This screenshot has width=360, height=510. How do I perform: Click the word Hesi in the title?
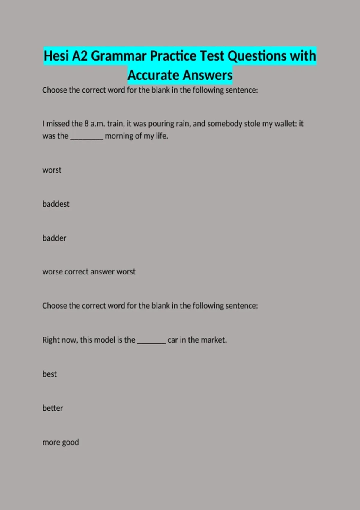[x=56, y=56]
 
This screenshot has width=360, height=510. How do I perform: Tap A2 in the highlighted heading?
[x=80, y=56]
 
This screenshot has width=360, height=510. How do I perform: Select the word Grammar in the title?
[x=118, y=56]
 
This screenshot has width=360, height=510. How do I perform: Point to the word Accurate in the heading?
[x=153, y=75]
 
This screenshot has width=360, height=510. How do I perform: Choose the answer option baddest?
[x=56, y=204]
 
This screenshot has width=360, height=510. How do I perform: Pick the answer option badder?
[x=54, y=238]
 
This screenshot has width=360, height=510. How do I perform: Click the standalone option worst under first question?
[x=52, y=170]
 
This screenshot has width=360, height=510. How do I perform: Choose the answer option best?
[x=49, y=374]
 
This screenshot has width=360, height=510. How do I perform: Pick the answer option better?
[x=53, y=408]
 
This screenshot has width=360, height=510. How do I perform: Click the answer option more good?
[x=61, y=442]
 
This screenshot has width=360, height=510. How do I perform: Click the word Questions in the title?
[x=257, y=56]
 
